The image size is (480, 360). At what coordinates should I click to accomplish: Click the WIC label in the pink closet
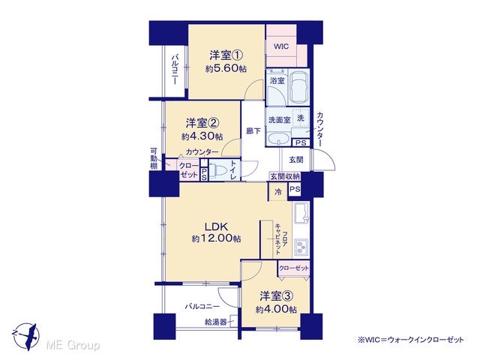click(281, 46)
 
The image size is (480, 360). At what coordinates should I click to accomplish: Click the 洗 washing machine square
click(300, 118)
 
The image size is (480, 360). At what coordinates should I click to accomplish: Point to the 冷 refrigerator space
click(278, 192)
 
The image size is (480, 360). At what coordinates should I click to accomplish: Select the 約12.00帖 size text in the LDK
click(216, 238)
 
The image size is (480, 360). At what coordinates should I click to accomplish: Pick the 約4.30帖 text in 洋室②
click(202, 136)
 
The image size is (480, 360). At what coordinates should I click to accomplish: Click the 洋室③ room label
click(277, 296)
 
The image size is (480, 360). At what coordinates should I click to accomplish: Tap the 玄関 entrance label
click(296, 160)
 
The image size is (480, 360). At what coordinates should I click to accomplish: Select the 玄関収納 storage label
click(285, 177)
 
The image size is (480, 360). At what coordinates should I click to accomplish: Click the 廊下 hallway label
click(253, 131)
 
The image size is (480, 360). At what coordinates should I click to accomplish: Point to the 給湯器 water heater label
click(216, 322)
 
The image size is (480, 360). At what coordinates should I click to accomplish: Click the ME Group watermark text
click(73, 346)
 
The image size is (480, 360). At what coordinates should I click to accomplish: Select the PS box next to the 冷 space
click(295, 190)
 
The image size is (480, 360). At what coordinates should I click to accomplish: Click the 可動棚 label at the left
click(154, 158)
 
